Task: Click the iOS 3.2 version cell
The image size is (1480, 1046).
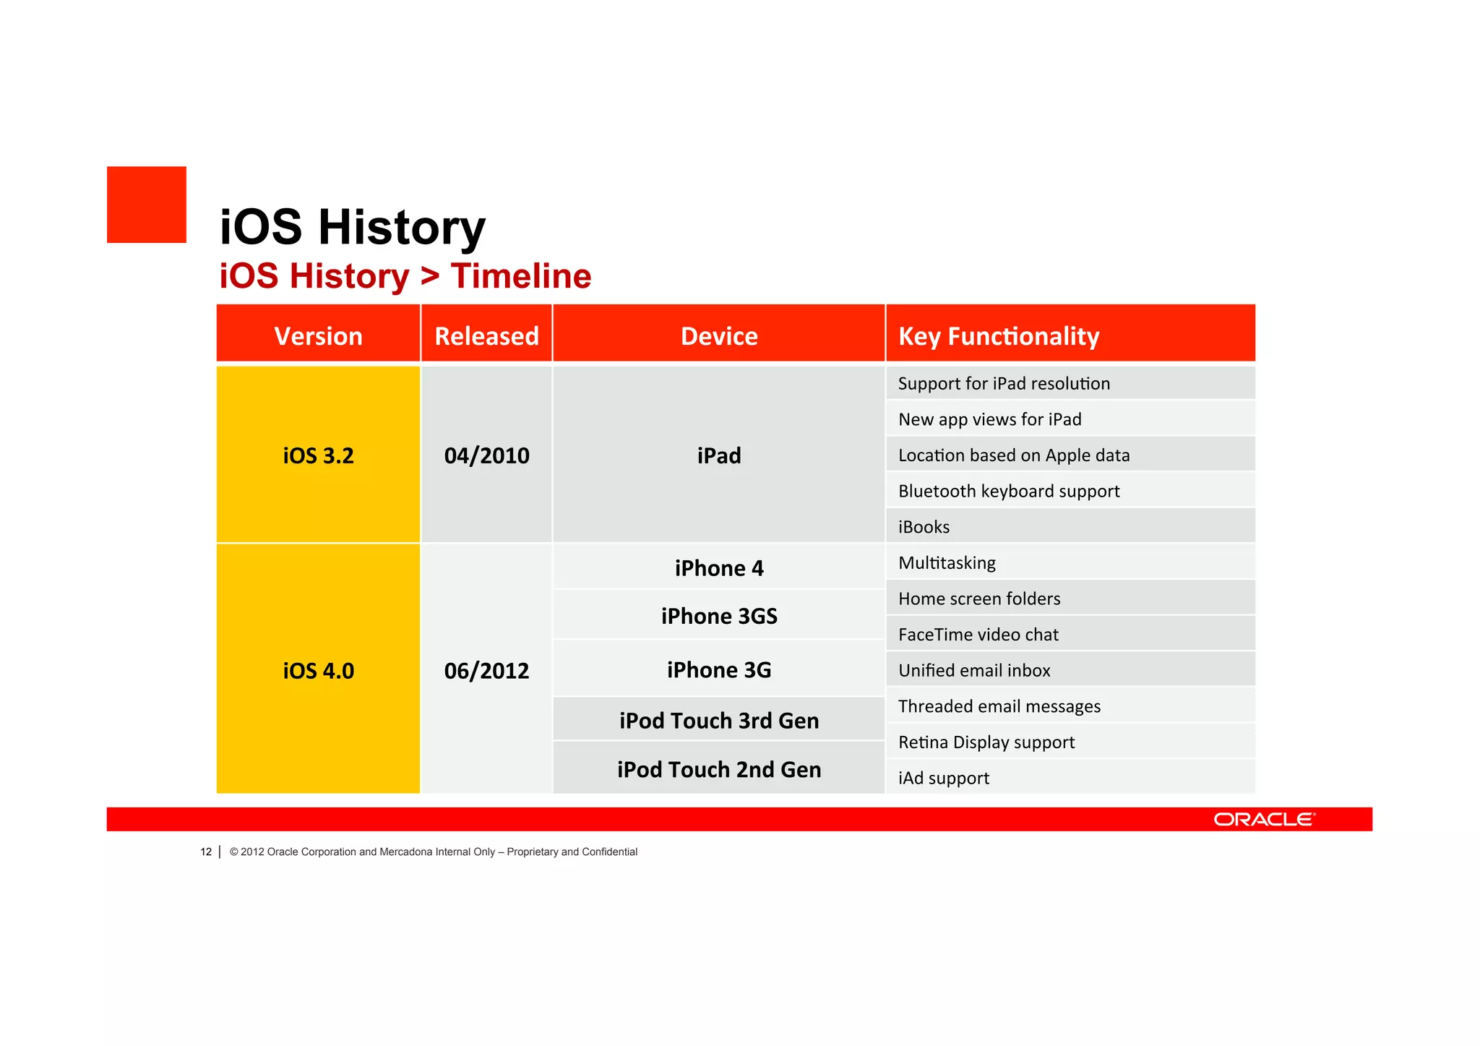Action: pyautogui.click(x=318, y=455)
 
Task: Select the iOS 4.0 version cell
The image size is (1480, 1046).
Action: pyautogui.click(x=318, y=670)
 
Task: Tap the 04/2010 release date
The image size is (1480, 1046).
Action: pyautogui.click(x=486, y=455)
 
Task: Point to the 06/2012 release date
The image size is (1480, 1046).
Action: pyautogui.click(x=486, y=670)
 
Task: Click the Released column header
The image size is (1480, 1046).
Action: pyautogui.click(x=486, y=336)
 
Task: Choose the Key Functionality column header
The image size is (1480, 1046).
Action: pyautogui.click(x=998, y=336)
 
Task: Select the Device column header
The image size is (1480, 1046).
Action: pyautogui.click(x=719, y=336)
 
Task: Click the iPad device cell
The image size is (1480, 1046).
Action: pyautogui.click(x=719, y=455)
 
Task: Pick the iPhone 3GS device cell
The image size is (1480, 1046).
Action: pyautogui.click(x=719, y=616)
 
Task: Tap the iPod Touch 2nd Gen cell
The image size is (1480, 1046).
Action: pyautogui.click(x=719, y=769)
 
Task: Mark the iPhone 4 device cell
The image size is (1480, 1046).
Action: pyautogui.click(x=719, y=568)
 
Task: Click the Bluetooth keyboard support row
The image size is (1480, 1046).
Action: pyautogui.click(x=1008, y=491)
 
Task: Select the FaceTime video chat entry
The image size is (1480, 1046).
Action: pyautogui.click(x=978, y=634)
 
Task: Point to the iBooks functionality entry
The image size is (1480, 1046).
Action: pyautogui.click(x=924, y=527)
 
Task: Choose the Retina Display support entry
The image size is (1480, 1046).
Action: pyautogui.click(x=986, y=742)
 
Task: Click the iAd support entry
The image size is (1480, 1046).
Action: pyautogui.click(x=943, y=778)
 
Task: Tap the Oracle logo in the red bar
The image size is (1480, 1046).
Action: pyautogui.click(x=1264, y=819)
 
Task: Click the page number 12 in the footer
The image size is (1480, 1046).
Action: pyautogui.click(x=206, y=852)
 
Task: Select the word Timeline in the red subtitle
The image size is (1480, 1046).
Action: pyautogui.click(x=520, y=276)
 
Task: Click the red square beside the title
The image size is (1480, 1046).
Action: pyautogui.click(x=147, y=205)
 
